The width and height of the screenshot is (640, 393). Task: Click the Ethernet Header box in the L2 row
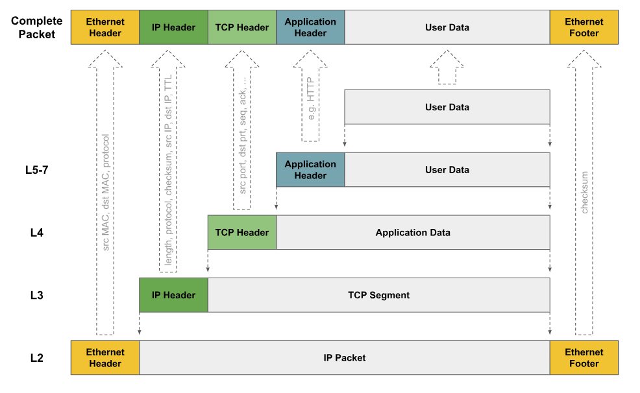(105, 357)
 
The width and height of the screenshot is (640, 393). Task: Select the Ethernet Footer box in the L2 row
(584, 357)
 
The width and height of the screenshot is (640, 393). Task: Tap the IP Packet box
(345, 357)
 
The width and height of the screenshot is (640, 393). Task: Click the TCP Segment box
(379, 295)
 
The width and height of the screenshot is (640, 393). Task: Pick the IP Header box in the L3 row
(173, 295)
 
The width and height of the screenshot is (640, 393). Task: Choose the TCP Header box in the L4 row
(242, 232)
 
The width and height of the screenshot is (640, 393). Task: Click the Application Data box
(413, 232)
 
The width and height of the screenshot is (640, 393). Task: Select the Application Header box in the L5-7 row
(310, 170)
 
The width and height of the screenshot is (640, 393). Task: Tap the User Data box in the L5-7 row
(447, 170)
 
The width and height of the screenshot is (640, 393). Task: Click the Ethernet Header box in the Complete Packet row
(105, 27)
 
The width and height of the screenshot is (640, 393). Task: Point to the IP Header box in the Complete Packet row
(173, 27)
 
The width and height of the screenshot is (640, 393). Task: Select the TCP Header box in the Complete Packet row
(242, 27)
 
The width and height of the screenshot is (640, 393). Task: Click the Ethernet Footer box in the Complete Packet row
(584, 27)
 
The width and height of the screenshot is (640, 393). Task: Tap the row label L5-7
(37, 170)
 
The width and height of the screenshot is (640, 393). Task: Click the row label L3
(37, 295)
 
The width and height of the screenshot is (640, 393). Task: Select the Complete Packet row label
(37, 27)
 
